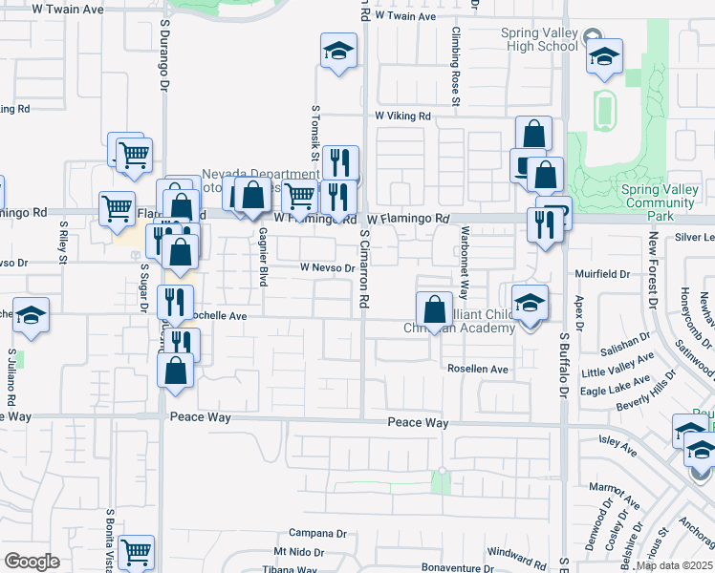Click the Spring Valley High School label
coord(540,39)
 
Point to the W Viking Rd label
coord(402,117)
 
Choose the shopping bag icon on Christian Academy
coord(434,309)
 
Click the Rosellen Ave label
coord(477,369)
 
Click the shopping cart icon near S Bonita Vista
coord(137,552)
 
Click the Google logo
coord(32,562)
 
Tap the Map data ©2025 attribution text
coord(674,566)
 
